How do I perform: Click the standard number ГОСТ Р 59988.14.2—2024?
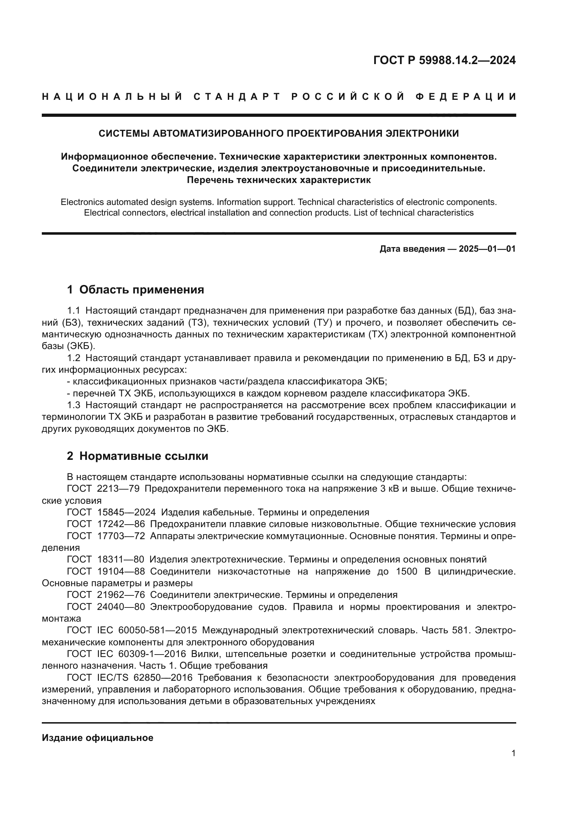point(444,60)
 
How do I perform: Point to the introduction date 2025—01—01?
point(487,249)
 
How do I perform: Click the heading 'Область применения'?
point(141,290)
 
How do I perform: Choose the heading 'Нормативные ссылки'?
point(143,456)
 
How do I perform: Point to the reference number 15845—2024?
point(126,513)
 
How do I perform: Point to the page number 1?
point(513,764)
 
